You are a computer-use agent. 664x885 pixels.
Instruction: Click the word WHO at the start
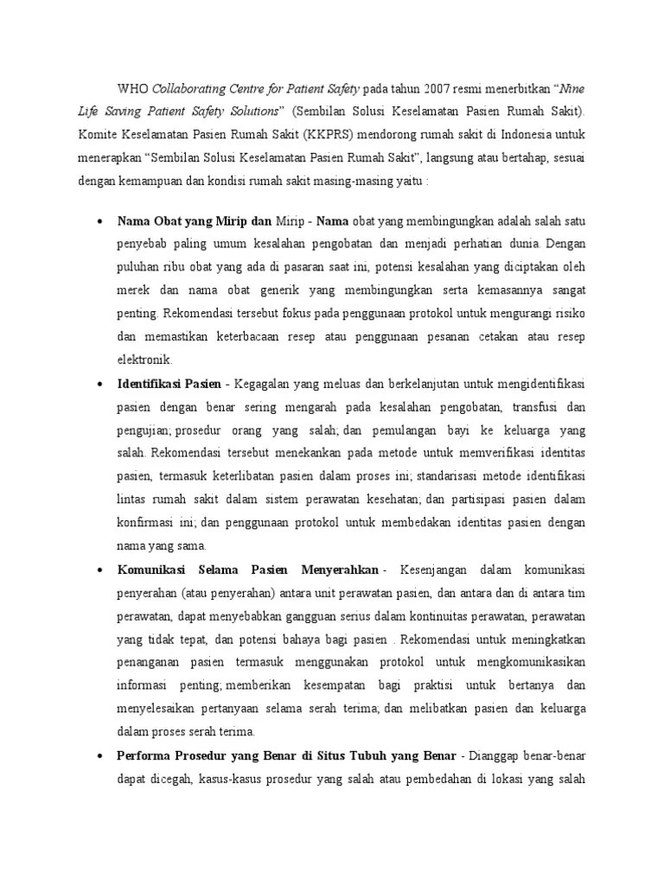point(133,88)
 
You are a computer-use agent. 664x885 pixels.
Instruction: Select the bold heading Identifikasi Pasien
point(169,382)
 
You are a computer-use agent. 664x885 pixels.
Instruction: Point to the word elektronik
point(144,359)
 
